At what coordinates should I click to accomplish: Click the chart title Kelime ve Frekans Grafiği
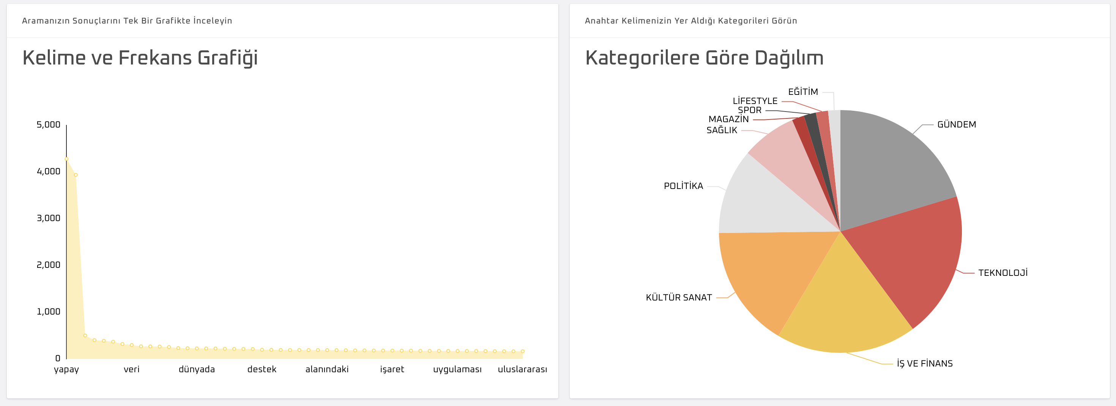pyautogui.click(x=140, y=58)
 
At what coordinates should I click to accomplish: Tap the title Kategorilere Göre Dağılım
pyautogui.click(x=704, y=58)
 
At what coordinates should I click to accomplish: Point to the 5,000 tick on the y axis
pyautogui.click(x=48, y=125)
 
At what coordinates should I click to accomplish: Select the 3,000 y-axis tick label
pyautogui.click(x=48, y=218)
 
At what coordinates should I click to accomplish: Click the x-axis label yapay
pyautogui.click(x=66, y=369)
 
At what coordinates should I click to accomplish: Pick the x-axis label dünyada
pyautogui.click(x=197, y=369)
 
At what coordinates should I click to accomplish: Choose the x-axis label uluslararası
pyautogui.click(x=522, y=369)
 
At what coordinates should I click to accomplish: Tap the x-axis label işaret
pyautogui.click(x=392, y=369)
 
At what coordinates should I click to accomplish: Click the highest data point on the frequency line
pyautogui.click(x=66, y=159)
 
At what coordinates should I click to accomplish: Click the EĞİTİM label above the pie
pyautogui.click(x=803, y=92)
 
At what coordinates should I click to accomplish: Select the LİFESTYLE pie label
pyautogui.click(x=755, y=101)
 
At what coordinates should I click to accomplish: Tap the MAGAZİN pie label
pyautogui.click(x=728, y=119)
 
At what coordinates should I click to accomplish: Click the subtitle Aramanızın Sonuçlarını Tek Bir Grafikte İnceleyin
pyautogui.click(x=127, y=21)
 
